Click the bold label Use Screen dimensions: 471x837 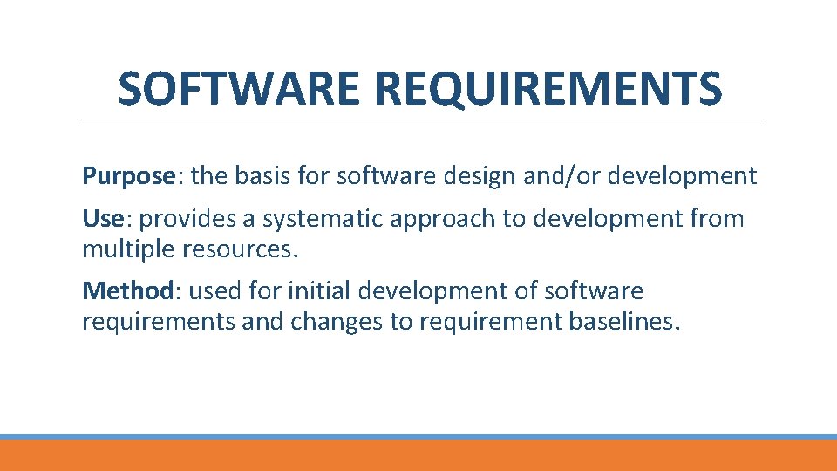pos(101,218)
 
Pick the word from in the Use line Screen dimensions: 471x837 pos(714,218)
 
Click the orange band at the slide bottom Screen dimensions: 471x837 pos(418,455)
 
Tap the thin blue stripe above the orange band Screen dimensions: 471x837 pos(418,437)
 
